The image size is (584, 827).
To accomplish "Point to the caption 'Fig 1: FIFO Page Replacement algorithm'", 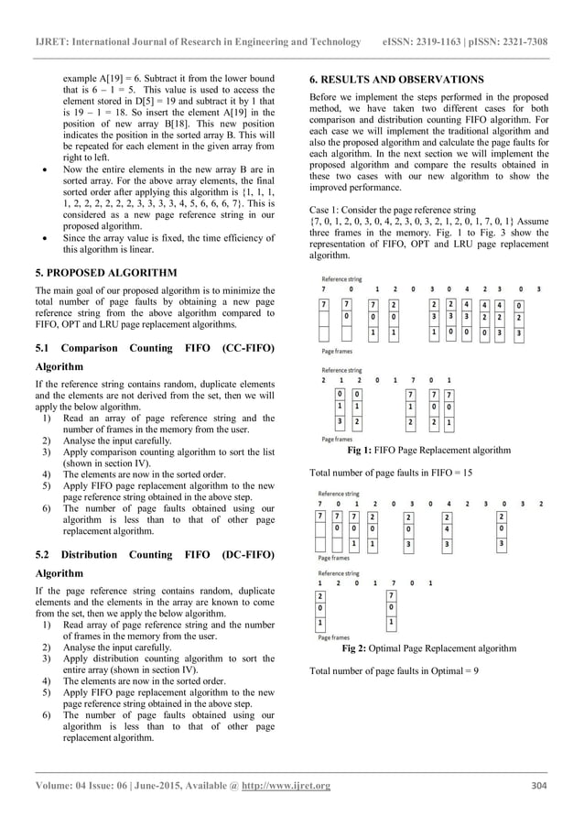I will pos(429,451).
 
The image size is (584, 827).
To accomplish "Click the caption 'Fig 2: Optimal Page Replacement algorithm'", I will pos(428,648).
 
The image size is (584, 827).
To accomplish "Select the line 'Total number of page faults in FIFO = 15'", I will pos(392,473).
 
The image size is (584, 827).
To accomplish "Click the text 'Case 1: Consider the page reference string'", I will pos(394,210).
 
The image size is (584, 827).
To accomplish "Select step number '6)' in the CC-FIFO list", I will pos(47,507).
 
